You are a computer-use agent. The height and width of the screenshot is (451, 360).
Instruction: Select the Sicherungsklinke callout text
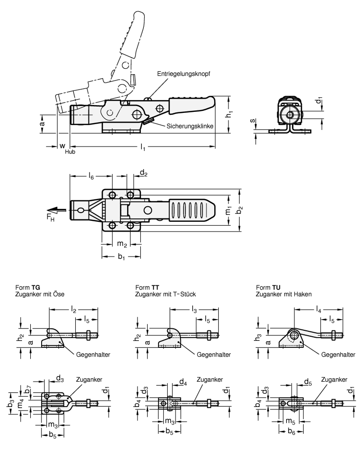188,126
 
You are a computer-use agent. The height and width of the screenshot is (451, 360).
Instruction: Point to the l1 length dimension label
142,147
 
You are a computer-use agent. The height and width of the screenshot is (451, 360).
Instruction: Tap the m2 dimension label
121,244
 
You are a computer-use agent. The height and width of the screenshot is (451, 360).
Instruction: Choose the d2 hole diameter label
143,172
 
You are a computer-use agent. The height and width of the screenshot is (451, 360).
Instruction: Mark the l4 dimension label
319,310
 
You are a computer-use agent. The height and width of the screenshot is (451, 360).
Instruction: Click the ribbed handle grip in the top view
190,210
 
